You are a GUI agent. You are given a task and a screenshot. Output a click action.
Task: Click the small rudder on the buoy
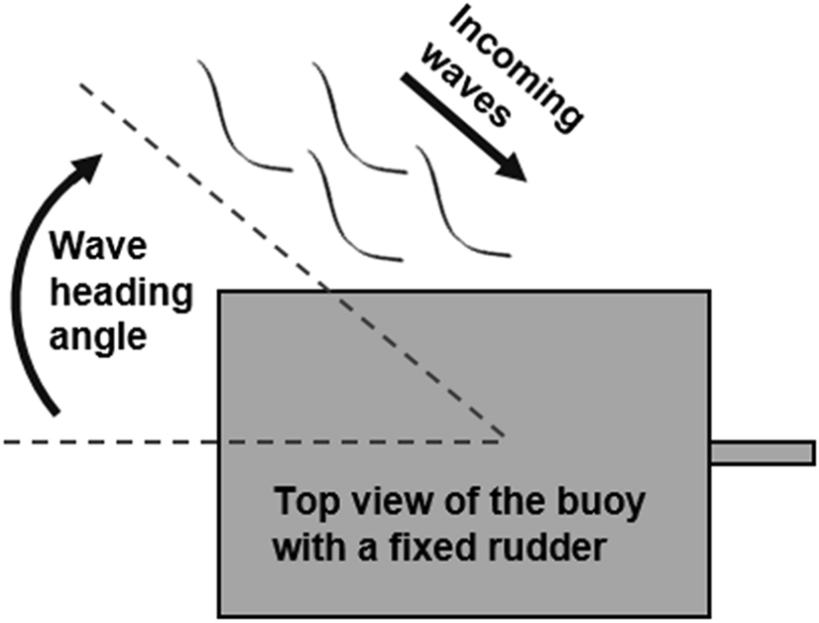[761, 452]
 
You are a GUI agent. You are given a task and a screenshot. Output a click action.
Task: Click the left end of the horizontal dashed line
[4, 440]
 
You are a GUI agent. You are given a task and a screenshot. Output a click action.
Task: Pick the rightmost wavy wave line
[462, 203]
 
